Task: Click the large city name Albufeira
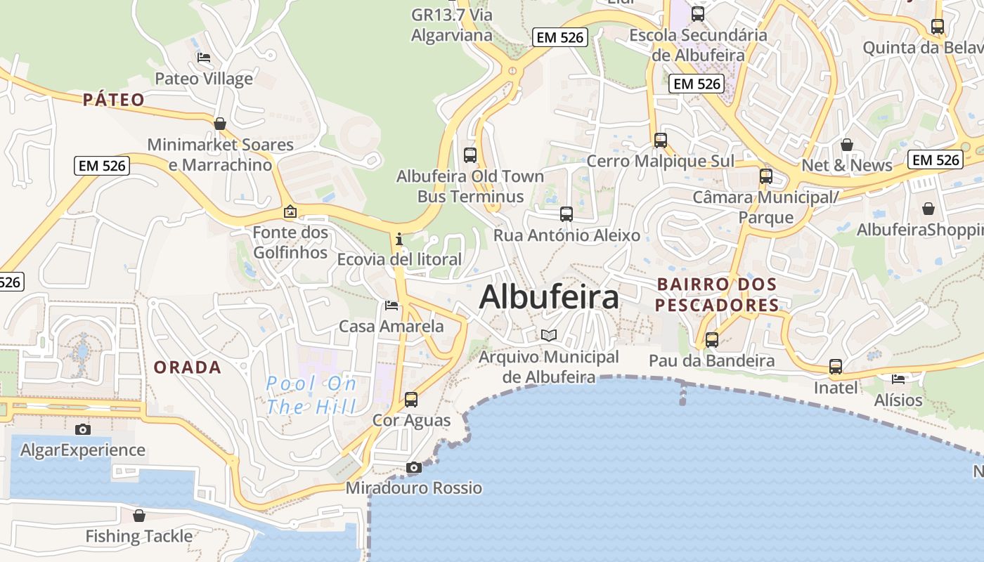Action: point(549,297)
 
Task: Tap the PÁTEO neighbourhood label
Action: point(113,100)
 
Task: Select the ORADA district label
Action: point(187,367)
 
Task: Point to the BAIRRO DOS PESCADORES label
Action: point(717,295)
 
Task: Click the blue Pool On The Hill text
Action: point(311,395)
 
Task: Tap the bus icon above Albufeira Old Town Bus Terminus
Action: point(470,155)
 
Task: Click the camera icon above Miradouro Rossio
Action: point(413,468)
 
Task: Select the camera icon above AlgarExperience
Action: point(83,429)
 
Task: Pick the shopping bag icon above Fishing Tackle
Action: point(139,516)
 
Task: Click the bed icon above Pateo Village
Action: point(204,58)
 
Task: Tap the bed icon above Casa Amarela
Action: point(391,306)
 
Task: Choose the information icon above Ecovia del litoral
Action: point(399,239)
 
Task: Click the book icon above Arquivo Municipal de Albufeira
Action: point(548,336)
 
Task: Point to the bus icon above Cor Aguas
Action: point(411,400)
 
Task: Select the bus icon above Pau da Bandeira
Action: point(712,340)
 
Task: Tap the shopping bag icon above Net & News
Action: point(847,145)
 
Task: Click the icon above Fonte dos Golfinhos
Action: point(290,211)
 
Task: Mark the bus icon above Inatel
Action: point(836,367)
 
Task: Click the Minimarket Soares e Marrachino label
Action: point(220,155)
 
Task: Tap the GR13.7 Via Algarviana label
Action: point(452,25)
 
